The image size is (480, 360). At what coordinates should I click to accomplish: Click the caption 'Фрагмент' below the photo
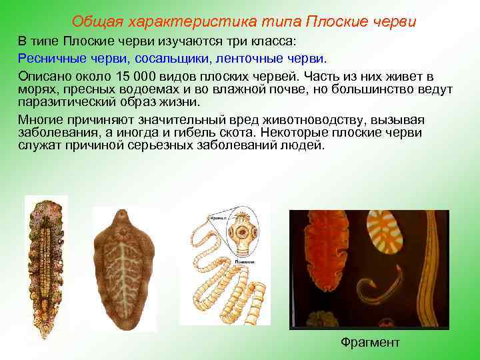[370, 343]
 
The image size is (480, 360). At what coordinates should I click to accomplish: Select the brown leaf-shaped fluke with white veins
[125, 267]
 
